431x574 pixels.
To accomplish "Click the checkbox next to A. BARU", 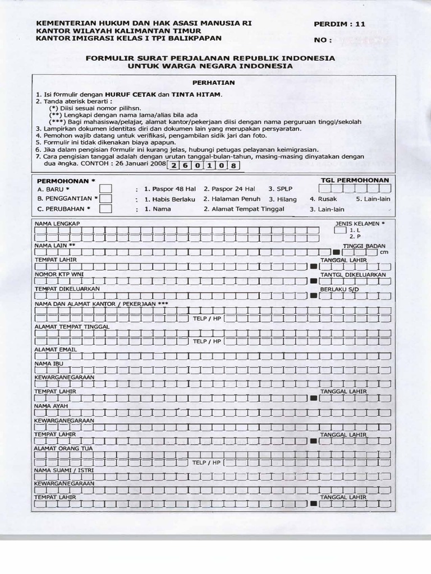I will pyautogui.click(x=106, y=188).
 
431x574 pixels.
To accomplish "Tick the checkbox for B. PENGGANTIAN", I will pyautogui.click(x=106, y=198).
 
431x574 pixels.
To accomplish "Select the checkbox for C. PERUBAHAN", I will pyautogui.click(x=106, y=209).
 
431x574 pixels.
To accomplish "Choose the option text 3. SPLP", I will pyautogui.click(x=281, y=189).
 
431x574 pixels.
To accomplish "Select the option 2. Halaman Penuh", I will pyautogui.click(x=232, y=199).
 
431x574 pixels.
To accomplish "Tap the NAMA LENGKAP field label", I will pyautogui.click(x=58, y=223).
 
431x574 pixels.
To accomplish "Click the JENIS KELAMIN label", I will pyautogui.click(x=357, y=223).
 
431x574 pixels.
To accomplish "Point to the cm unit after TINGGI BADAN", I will pyautogui.click(x=384, y=252).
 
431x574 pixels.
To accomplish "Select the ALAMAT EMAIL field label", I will pyautogui.click(x=56, y=349).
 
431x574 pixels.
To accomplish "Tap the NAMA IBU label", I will pyautogui.click(x=48, y=363).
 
